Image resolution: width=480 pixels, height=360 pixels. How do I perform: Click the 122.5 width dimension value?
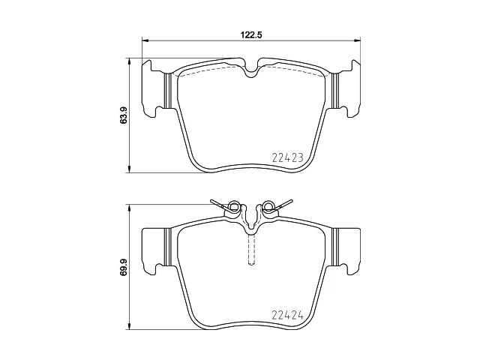click(250, 35)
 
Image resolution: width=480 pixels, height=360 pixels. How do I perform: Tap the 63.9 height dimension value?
click(123, 115)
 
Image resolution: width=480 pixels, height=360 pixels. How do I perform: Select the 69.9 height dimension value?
click(123, 266)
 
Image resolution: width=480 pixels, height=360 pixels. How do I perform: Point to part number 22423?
click(287, 158)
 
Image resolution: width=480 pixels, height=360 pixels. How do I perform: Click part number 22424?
click(287, 315)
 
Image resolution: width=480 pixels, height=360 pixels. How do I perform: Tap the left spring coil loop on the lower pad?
click(234, 205)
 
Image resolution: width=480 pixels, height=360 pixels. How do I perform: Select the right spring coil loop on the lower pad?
click(269, 205)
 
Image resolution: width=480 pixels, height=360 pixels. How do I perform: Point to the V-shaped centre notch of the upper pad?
click(251, 69)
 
